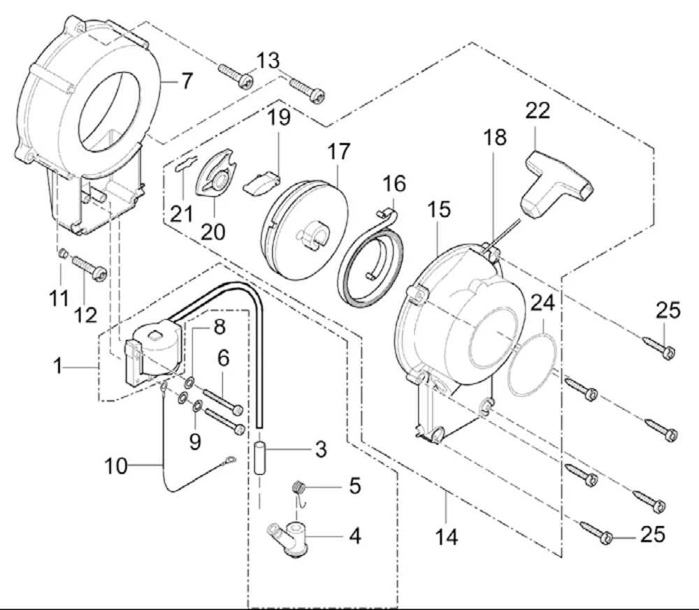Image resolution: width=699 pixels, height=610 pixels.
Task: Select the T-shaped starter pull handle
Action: [x=555, y=181]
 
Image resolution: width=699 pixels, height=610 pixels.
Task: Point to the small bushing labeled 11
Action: [x=62, y=253]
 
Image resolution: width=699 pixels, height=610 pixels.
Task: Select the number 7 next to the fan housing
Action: [x=186, y=82]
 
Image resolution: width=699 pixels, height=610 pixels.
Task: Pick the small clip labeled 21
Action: [x=184, y=166]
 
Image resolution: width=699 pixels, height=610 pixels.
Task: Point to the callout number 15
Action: [x=440, y=210]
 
